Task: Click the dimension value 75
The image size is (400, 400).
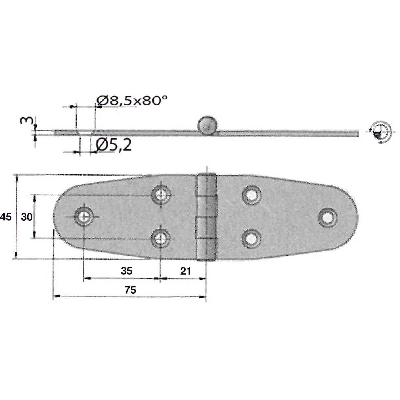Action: [x=130, y=290]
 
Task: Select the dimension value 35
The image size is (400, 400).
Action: [x=126, y=271]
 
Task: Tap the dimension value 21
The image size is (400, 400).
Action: [x=185, y=271]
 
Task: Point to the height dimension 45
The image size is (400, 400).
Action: [x=6, y=217]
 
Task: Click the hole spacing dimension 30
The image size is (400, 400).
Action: [x=27, y=217]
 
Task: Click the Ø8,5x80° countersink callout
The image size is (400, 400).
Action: [x=132, y=100]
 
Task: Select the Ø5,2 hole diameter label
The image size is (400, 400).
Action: [x=113, y=145]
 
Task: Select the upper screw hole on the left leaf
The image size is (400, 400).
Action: [x=161, y=194]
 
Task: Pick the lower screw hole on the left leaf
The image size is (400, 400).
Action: [x=161, y=238]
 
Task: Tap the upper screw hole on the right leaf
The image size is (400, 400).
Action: [x=251, y=195]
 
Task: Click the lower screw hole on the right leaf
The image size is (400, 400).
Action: [x=251, y=239]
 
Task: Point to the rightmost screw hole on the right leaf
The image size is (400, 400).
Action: [x=327, y=217]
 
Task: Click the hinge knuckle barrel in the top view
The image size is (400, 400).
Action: [x=207, y=217]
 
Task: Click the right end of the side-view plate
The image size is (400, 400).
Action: [x=357, y=133]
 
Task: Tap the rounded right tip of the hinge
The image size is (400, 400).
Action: [x=355, y=217]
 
